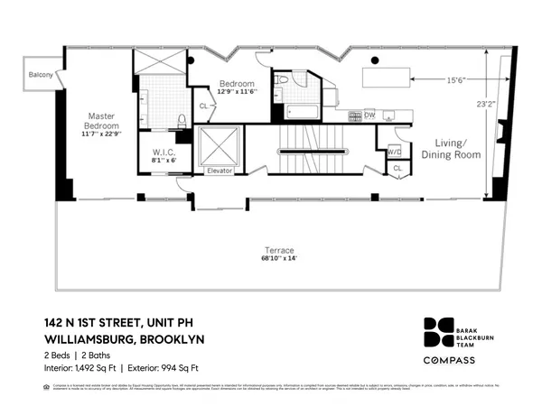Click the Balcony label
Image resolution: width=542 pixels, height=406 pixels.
coord(41,75)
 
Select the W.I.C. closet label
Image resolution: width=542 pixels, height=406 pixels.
coord(164,152)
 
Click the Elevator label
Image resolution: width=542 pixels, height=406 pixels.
coord(220,170)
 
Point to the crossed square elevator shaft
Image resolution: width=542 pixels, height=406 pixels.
coord(220,145)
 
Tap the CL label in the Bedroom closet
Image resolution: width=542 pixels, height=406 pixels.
coord(203,106)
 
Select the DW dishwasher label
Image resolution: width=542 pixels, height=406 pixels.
coord(369,115)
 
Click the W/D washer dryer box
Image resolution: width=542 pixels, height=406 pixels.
coord(394,151)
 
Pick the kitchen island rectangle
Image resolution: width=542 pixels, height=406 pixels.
coord(391,76)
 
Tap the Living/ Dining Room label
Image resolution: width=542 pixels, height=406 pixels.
coord(451,150)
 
